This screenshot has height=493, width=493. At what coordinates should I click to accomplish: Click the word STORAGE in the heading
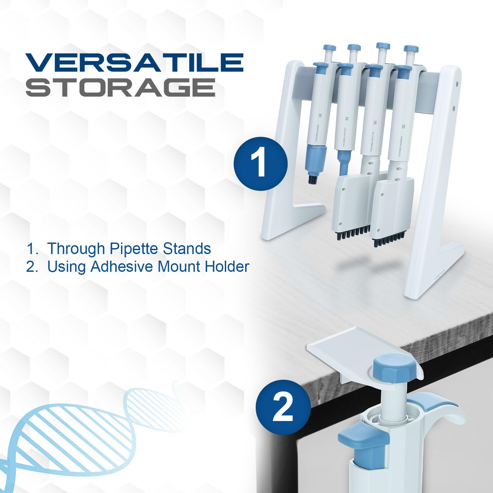[120, 87]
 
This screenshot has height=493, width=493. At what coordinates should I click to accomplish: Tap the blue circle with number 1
[260, 163]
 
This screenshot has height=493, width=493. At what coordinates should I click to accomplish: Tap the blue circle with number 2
[283, 407]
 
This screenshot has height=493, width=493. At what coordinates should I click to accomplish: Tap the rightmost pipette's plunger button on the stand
[411, 49]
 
